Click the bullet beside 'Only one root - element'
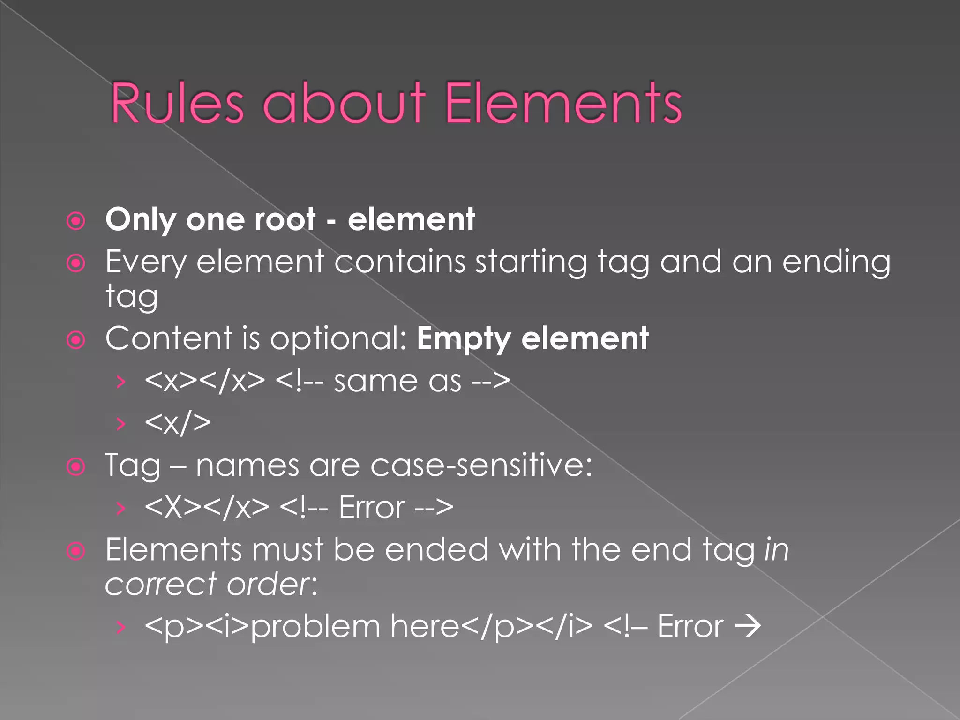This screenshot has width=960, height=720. [76, 221]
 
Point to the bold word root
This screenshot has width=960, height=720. [285, 219]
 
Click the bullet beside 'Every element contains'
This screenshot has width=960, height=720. [76, 263]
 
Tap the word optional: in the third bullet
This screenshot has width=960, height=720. [338, 338]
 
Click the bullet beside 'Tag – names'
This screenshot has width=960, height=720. [76, 467]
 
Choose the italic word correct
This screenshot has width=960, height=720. [161, 585]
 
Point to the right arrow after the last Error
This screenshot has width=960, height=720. [748, 626]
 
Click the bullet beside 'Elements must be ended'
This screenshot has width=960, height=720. [76, 551]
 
